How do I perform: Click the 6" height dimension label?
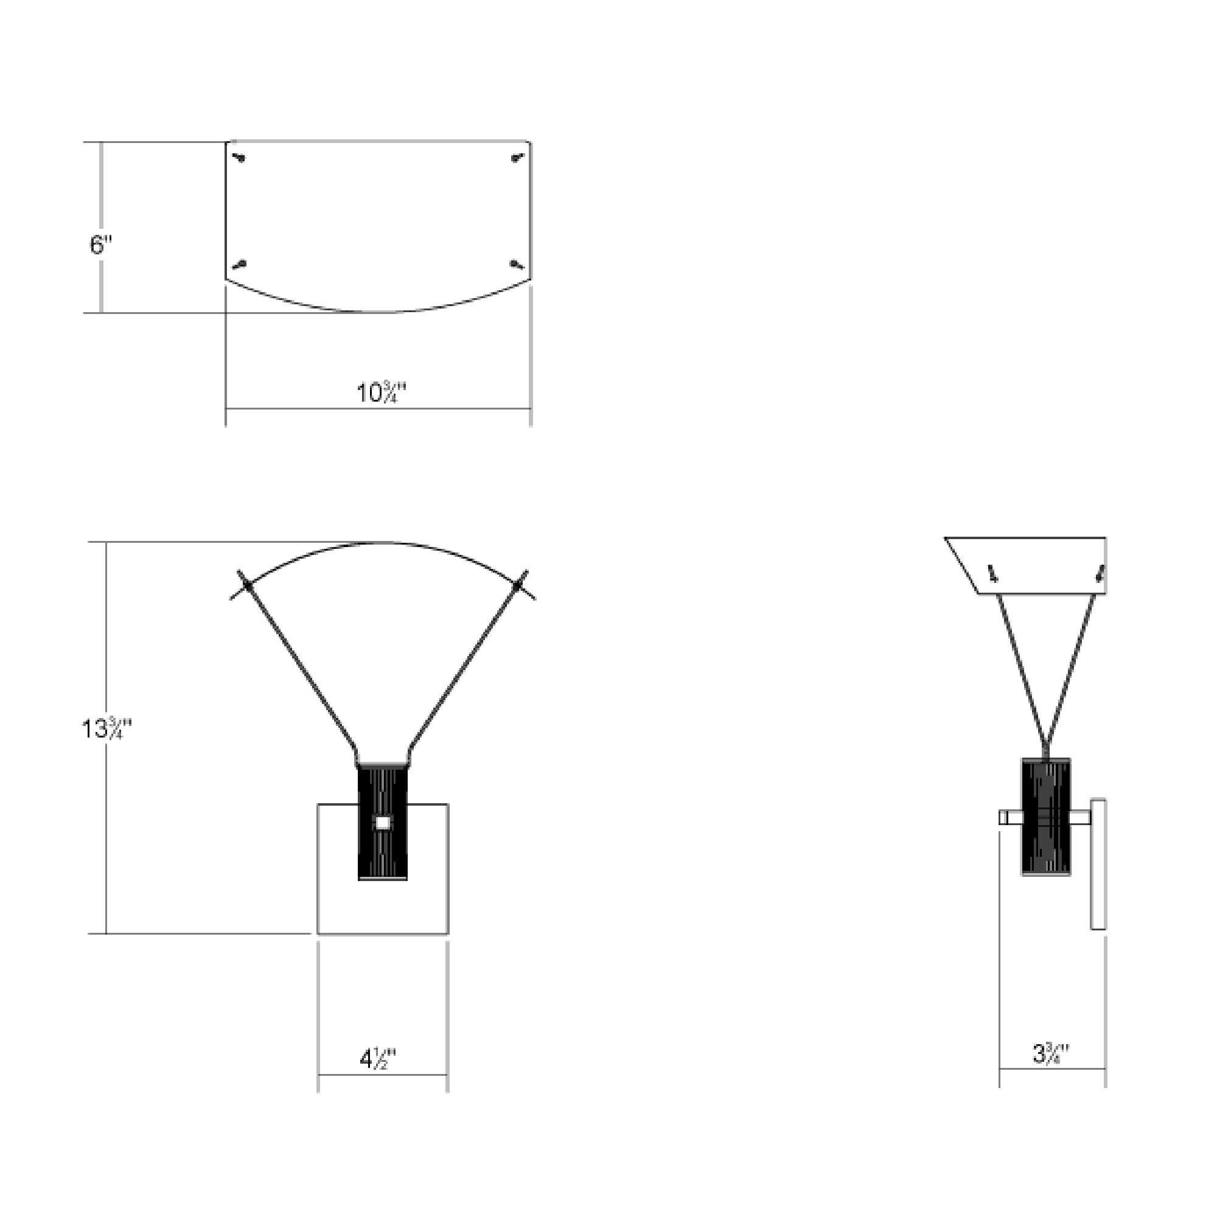click(x=101, y=245)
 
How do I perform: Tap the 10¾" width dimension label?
click(x=382, y=392)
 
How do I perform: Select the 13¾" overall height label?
click(x=107, y=729)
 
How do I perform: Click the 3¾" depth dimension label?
click(x=1051, y=1053)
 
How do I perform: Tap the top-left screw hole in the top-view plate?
click(x=239, y=158)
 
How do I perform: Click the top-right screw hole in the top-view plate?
click(x=518, y=158)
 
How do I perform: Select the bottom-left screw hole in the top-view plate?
click(x=239, y=265)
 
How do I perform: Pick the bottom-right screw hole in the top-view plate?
click(x=517, y=265)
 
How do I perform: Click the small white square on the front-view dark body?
click(x=382, y=823)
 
